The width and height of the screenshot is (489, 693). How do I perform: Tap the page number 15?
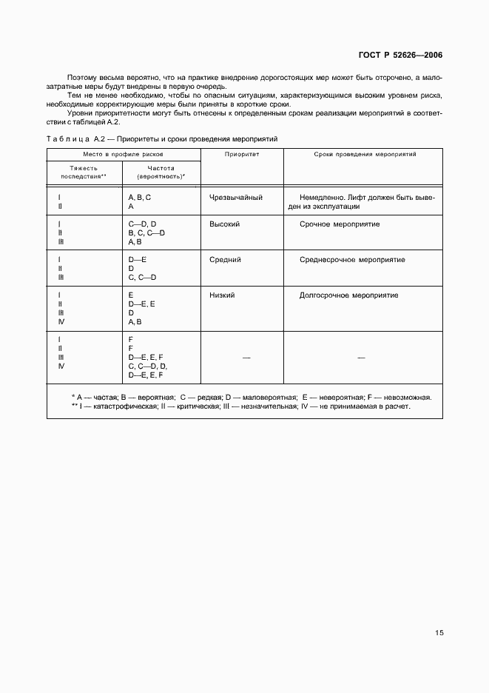(x=439, y=633)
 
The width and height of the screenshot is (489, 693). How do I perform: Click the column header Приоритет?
(x=242, y=155)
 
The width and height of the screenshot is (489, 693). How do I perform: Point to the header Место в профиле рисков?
(x=124, y=155)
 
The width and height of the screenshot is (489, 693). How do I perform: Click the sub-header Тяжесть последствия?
(x=84, y=173)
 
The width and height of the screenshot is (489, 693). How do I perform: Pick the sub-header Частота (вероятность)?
(x=161, y=173)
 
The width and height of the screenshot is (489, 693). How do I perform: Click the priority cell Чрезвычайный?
(x=236, y=198)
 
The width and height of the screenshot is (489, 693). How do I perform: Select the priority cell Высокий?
(x=225, y=224)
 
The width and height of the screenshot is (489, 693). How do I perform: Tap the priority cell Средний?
(x=226, y=260)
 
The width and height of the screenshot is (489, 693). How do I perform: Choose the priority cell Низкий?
(x=223, y=295)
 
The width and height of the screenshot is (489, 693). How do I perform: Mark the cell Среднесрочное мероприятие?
(x=352, y=260)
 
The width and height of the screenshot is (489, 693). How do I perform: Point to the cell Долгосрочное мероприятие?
(x=348, y=295)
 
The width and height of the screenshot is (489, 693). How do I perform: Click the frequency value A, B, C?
(x=140, y=198)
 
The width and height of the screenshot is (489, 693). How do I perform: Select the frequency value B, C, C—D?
(x=146, y=232)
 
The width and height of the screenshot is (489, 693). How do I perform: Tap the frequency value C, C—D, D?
(x=148, y=366)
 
